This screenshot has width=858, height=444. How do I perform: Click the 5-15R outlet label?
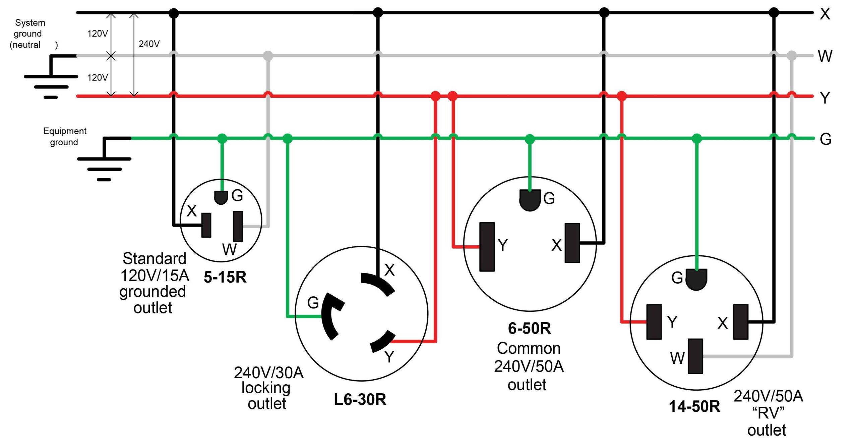click(x=225, y=277)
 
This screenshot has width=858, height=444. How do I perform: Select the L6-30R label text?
click(x=360, y=399)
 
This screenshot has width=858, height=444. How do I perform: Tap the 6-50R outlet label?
click(x=529, y=328)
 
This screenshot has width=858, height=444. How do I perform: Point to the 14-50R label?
click(x=694, y=406)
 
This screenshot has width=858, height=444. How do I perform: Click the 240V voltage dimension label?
click(x=149, y=44)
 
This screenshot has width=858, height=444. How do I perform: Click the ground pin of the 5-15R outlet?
click(x=221, y=197)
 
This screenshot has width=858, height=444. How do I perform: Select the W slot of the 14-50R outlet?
click(x=695, y=356)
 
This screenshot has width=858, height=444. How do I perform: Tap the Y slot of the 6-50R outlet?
click(x=487, y=247)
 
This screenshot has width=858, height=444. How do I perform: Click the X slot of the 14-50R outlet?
click(x=741, y=322)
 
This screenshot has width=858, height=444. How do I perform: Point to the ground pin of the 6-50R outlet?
click(x=530, y=200)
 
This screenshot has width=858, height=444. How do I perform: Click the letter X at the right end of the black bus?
click(x=825, y=14)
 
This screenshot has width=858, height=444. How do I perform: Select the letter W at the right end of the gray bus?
click(x=825, y=56)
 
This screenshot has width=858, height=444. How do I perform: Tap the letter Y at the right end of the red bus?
click(x=825, y=98)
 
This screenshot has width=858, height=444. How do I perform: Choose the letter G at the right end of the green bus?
click(x=825, y=139)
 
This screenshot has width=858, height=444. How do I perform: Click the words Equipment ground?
click(x=64, y=137)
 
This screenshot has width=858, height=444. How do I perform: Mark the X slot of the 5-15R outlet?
click(x=206, y=225)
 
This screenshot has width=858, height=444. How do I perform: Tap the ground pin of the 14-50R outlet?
click(x=696, y=279)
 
